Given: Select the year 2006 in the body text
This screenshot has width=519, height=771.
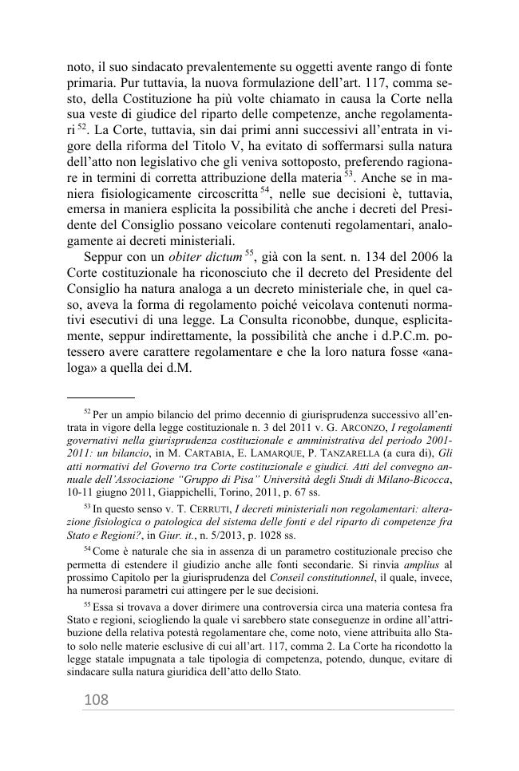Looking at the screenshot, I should click(423, 257).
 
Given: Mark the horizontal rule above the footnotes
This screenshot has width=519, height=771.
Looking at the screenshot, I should click(100, 397).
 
